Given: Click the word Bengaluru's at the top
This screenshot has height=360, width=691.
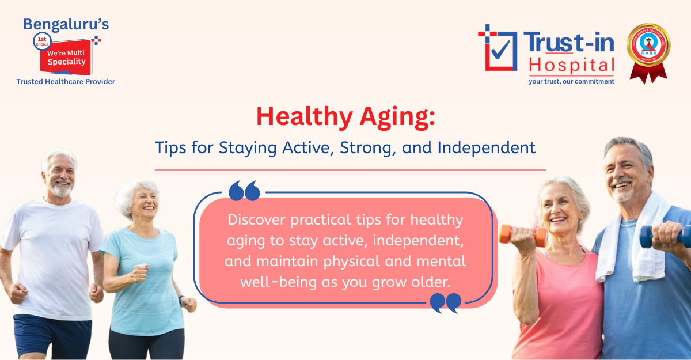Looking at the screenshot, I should point(66,24).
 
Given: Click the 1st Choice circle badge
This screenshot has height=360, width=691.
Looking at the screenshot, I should point(43,41).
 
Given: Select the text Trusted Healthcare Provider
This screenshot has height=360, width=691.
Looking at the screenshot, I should point(66,82).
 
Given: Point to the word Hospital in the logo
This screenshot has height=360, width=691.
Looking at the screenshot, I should point(572,66).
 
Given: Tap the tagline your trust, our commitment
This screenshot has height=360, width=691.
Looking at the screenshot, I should point(571,81).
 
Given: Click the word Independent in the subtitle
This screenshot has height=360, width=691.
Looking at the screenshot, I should point(486,147).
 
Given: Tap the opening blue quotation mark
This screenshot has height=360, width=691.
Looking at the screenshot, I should point(244,191).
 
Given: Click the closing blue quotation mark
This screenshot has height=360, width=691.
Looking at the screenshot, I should point(446,302).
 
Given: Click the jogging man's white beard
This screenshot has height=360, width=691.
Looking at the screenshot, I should point(61,189).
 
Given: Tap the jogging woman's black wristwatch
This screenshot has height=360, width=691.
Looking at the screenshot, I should point(182,300).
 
